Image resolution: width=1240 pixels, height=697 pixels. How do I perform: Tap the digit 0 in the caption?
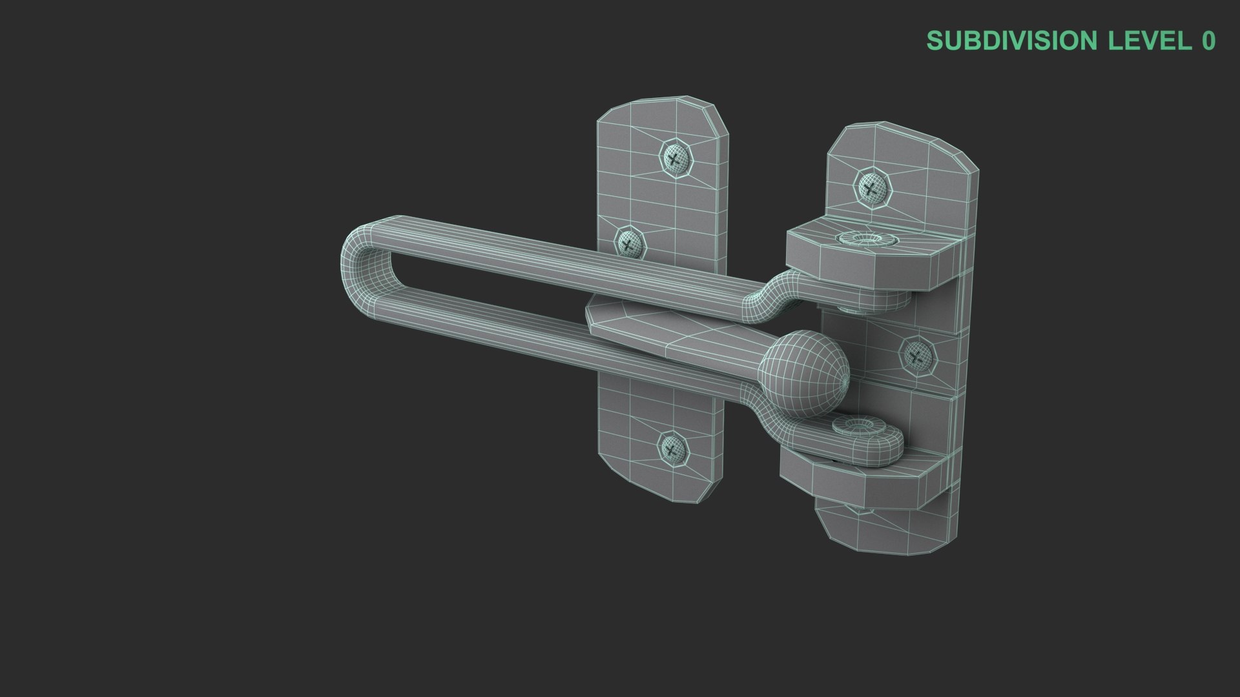[1208, 41]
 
